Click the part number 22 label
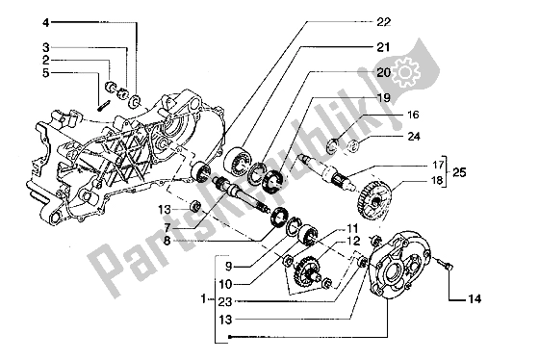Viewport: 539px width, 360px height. (384, 22)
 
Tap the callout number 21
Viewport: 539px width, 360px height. (383, 47)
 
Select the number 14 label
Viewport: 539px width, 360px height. (474, 299)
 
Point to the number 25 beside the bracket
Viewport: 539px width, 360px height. (459, 172)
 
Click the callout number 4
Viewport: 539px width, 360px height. (46, 23)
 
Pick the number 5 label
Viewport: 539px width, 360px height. (46, 73)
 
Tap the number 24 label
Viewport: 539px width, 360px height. (414, 137)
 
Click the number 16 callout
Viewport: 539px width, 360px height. (413, 115)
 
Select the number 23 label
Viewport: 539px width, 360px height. (226, 302)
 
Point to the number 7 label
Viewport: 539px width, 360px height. (167, 227)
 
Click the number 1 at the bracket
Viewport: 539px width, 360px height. (204, 298)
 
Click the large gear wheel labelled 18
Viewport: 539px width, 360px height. (373, 199)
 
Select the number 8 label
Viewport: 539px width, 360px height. (167, 241)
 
